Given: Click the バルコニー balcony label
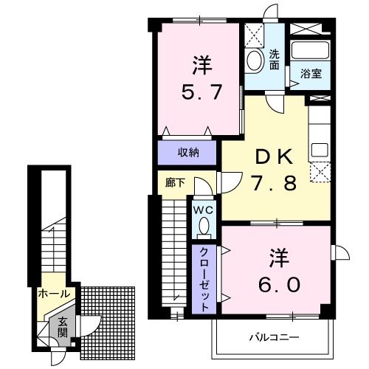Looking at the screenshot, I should click(273, 337).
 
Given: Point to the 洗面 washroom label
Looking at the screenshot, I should click(274, 58).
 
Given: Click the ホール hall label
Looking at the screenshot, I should click(55, 294).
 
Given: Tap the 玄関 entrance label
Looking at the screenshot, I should click(63, 327).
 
